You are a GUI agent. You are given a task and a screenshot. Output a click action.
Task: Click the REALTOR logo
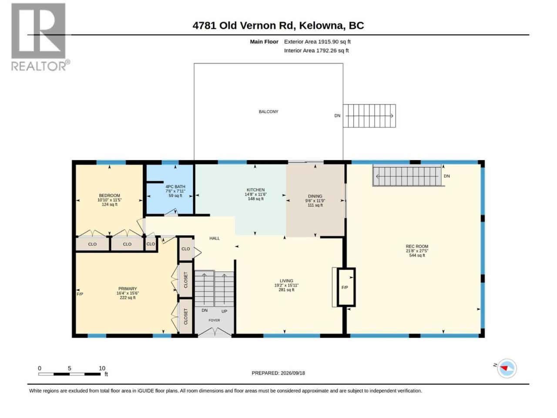(40, 37)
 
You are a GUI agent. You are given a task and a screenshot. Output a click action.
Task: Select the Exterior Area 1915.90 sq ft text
(317, 42)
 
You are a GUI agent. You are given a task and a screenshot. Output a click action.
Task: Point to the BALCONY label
(268, 111)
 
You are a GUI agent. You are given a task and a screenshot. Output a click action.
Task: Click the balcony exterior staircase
(369, 116)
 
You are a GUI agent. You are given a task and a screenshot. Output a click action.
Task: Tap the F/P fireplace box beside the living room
(346, 287)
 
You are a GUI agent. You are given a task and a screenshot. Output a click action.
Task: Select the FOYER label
(214, 320)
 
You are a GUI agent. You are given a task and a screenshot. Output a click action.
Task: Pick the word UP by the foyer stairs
(224, 311)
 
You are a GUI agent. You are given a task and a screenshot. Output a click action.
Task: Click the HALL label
(215, 238)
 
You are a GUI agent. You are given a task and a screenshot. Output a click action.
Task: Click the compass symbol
(507, 368)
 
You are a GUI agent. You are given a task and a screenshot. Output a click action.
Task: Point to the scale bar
(69, 374)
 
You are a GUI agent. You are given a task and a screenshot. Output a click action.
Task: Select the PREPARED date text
(278, 373)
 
